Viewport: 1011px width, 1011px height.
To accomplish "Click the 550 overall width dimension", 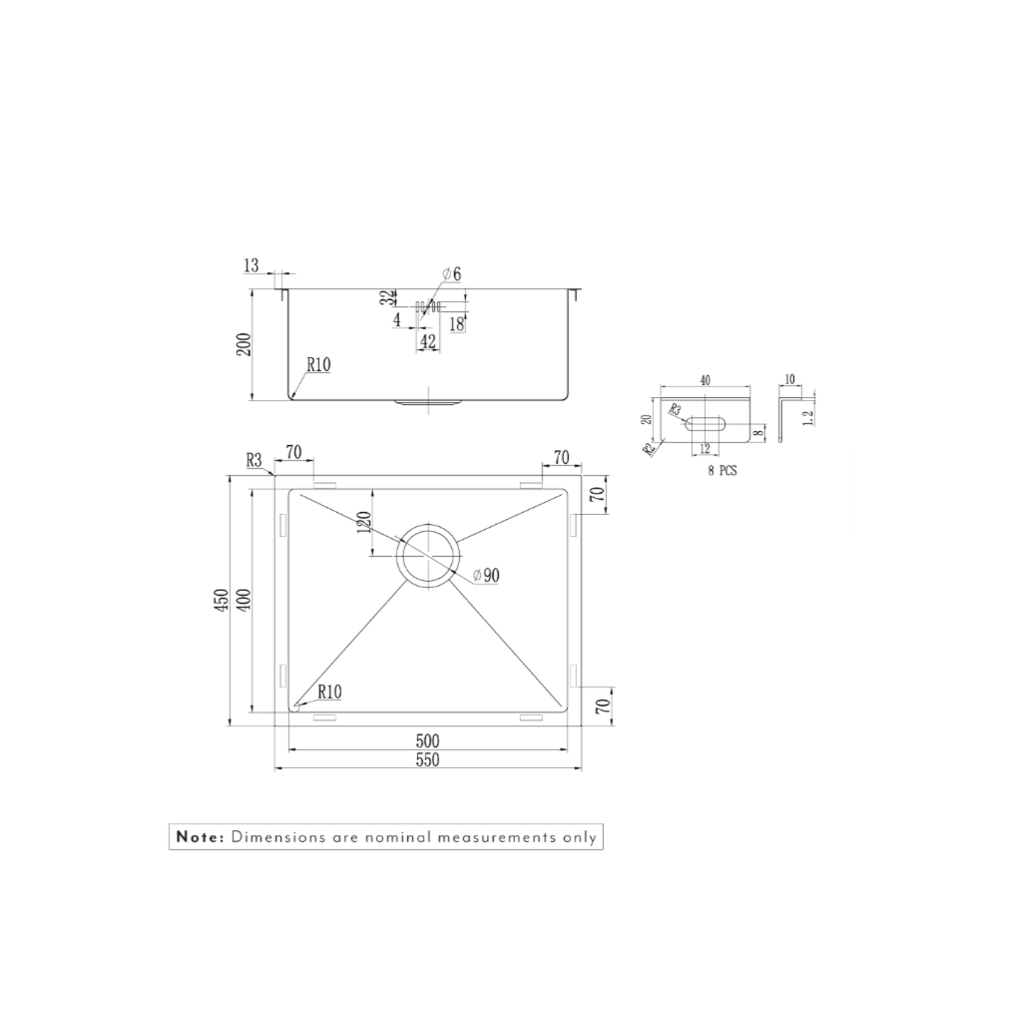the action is [x=427, y=760].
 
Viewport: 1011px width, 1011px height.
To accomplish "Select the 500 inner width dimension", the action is [x=427, y=741].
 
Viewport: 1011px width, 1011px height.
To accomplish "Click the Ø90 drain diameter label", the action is [x=486, y=575].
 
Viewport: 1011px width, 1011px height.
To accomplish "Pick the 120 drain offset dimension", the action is [x=363, y=523].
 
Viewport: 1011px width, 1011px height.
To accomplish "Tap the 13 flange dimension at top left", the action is [x=251, y=265].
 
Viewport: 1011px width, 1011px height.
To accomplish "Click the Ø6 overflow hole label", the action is [x=452, y=274].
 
